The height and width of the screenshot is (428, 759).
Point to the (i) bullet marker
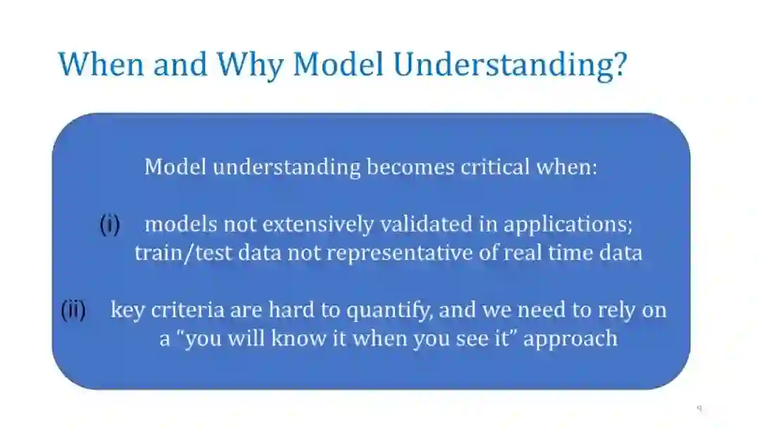pos(110,225)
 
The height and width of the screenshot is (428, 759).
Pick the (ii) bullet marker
pos(73,310)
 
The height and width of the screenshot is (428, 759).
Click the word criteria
pos(188,310)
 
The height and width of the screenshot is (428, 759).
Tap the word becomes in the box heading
pos(410,167)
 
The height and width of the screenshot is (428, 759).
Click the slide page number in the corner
pos(699,408)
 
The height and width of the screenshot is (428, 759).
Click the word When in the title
pos(101,63)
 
